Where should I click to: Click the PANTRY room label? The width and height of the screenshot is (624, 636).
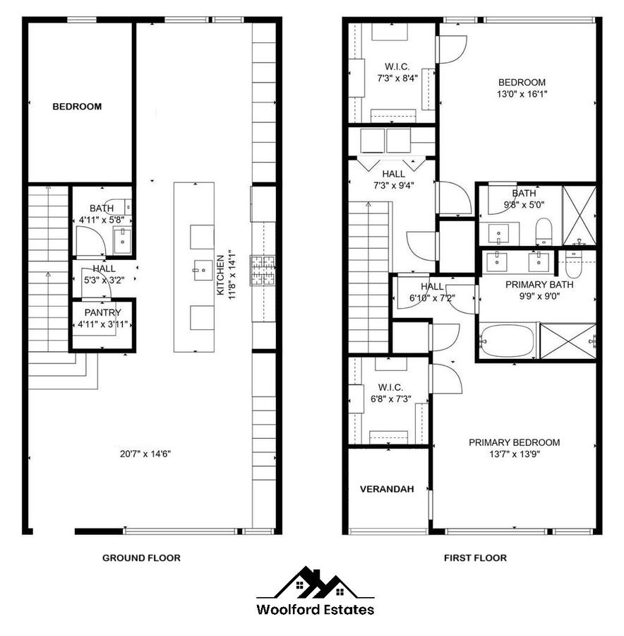pos(103,313)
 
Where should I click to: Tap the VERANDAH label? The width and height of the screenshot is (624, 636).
pos(387,489)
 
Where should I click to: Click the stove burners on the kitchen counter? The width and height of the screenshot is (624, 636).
pos(263,271)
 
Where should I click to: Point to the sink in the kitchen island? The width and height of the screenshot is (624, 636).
pos(203,270)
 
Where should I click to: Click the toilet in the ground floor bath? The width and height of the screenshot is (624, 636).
pos(119,206)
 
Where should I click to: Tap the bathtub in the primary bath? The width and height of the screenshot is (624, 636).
pos(508,341)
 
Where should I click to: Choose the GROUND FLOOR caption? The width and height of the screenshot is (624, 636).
pos(141,558)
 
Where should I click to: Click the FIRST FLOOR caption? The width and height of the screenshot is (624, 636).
pos(475,558)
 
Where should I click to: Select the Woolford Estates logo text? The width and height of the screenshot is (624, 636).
pos(316,609)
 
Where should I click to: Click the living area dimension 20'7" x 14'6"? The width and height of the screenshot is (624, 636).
pos(145,454)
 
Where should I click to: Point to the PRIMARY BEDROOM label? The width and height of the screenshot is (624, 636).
pos(515,442)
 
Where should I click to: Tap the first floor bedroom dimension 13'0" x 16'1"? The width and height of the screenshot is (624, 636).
pos(522,94)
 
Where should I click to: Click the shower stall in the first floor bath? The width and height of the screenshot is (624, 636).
pos(580,215)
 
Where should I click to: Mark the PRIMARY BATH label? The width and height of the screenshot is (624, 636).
pos(539,285)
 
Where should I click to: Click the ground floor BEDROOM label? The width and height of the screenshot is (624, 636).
pos(77,107)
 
